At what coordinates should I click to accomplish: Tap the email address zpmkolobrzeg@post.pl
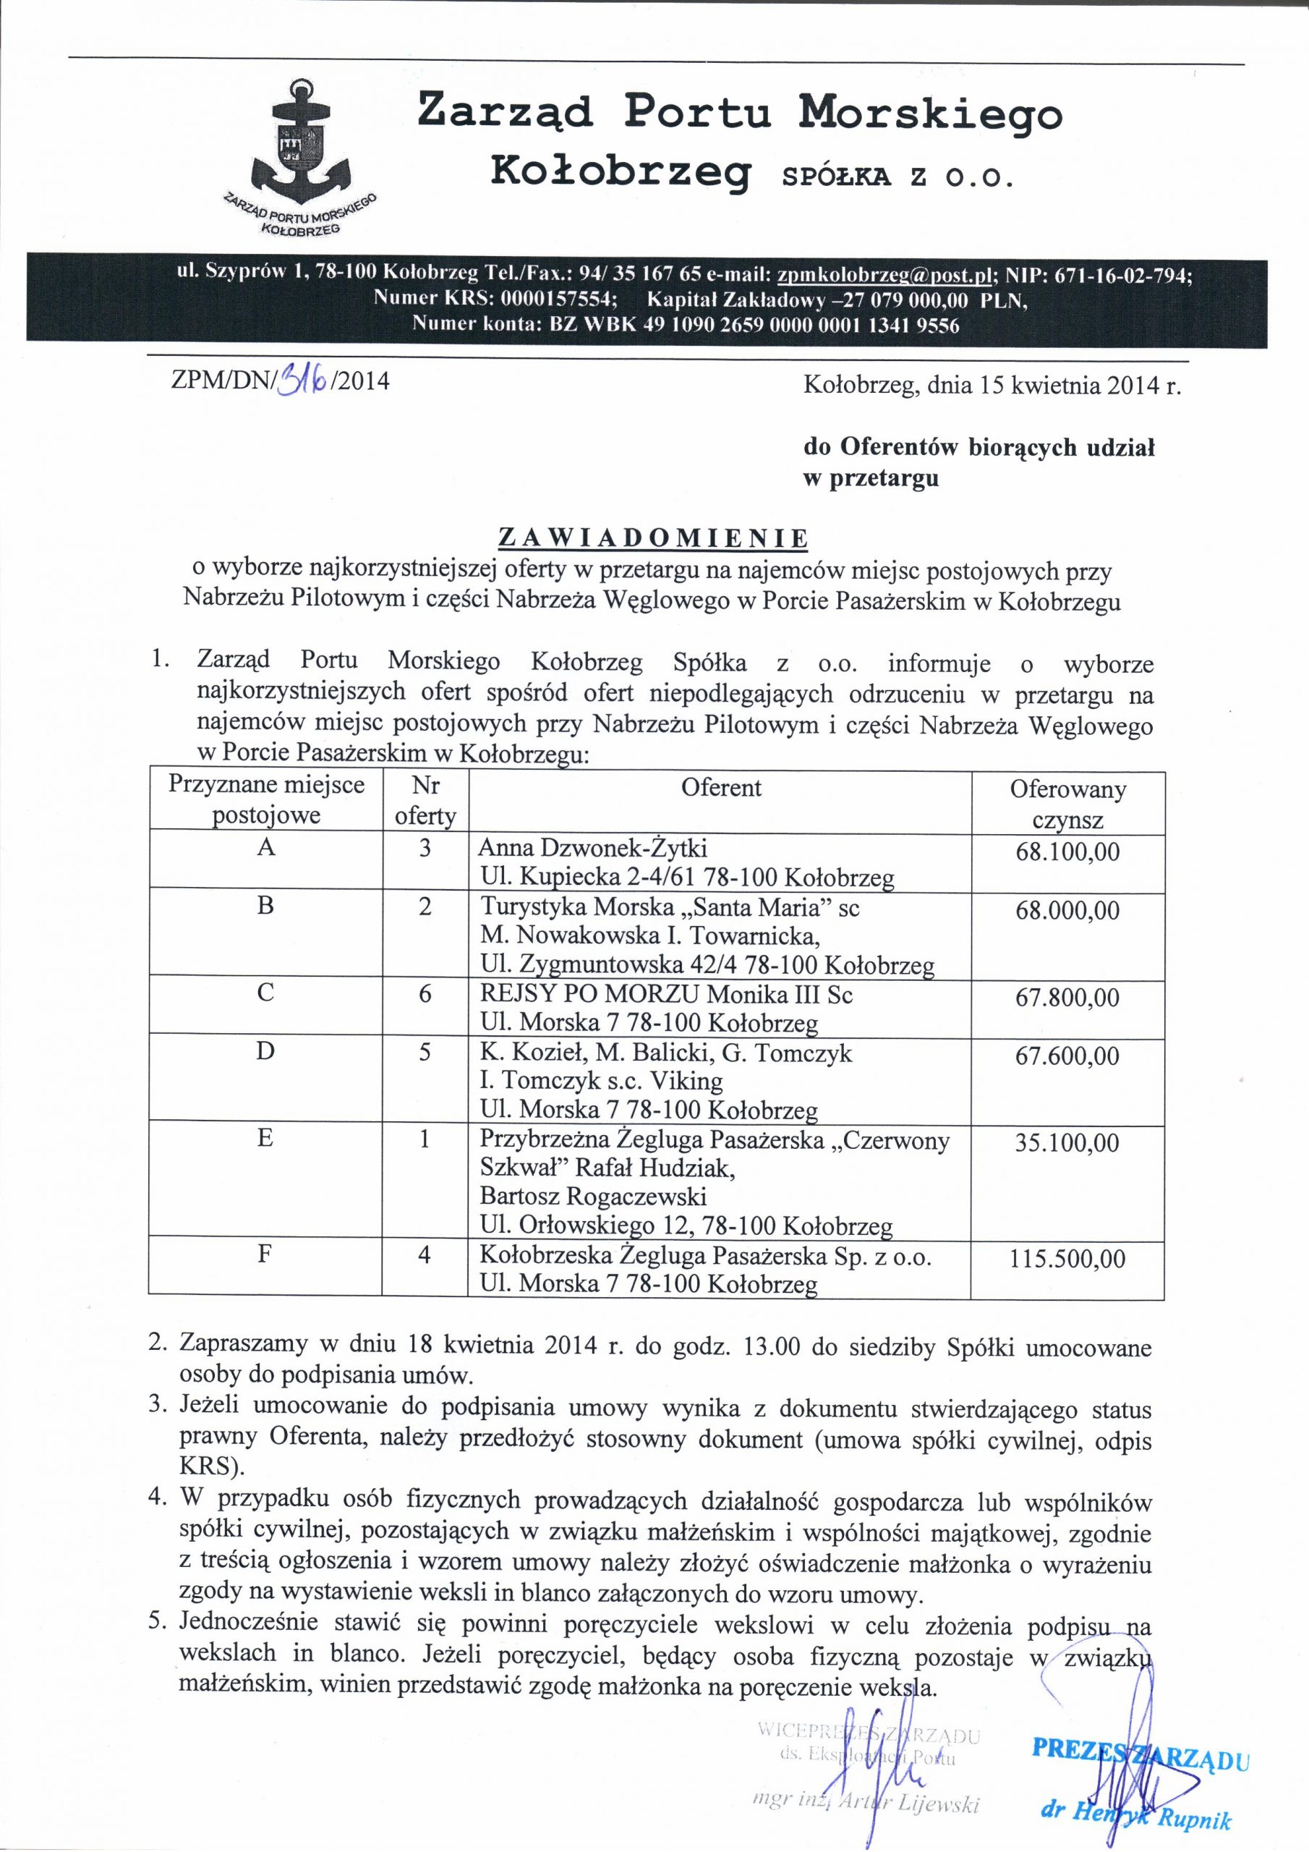click(883, 274)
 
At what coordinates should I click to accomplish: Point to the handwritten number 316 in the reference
click(302, 378)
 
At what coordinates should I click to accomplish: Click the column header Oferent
click(721, 787)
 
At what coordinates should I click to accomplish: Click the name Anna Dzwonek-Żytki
click(593, 848)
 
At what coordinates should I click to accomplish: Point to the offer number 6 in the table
click(425, 995)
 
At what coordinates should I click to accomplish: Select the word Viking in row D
click(688, 1081)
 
